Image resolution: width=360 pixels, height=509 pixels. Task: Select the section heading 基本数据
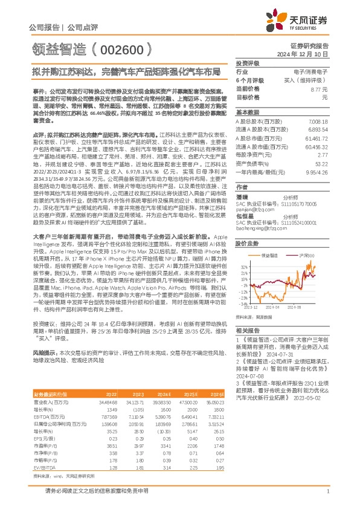click(x=247, y=113)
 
